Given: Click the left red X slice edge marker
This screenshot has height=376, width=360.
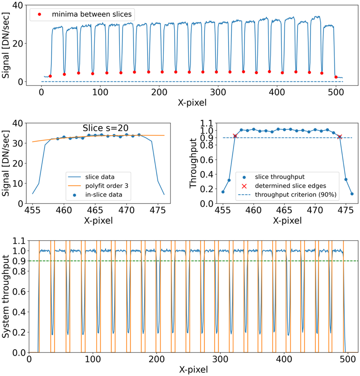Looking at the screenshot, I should [x=235, y=136].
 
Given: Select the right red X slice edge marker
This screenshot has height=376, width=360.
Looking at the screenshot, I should [x=340, y=137].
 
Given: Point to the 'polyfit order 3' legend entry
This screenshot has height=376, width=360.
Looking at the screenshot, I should [x=106, y=186].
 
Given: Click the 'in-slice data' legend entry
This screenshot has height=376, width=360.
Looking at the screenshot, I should [x=103, y=195].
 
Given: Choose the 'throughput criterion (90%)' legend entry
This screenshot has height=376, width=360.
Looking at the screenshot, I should [x=295, y=195].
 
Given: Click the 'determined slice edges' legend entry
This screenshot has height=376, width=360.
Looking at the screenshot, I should [x=290, y=186].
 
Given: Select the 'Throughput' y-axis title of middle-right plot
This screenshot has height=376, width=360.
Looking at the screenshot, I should [x=193, y=163].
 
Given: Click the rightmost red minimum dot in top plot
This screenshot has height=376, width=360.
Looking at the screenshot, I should [x=336, y=77].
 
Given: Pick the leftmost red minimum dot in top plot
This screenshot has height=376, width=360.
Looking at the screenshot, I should [x=50, y=76].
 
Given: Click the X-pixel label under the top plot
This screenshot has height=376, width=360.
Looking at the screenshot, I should [x=192, y=103].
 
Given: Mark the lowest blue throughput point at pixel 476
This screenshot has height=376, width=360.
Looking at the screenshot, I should [x=352, y=194].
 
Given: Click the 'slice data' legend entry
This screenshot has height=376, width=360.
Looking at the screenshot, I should [x=100, y=177].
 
